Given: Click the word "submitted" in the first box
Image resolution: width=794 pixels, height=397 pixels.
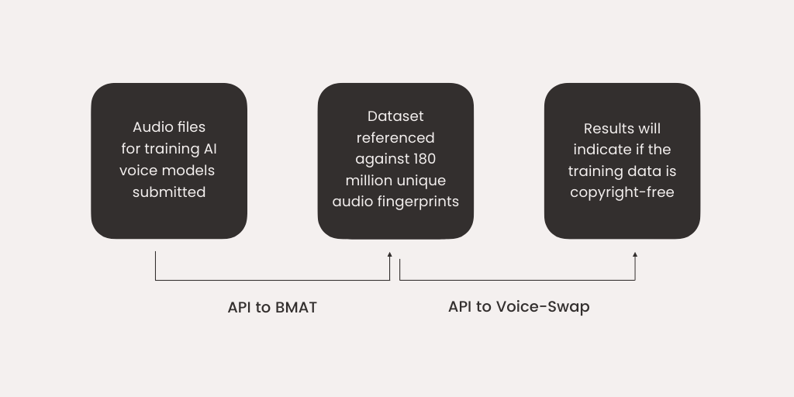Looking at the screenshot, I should click(169, 192).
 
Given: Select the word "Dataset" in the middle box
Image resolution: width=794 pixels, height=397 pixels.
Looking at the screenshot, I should click(395, 116).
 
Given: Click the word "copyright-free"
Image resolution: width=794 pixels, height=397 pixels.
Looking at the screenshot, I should click(622, 192).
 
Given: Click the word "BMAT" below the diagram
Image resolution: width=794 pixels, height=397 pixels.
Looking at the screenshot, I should click(295, 307).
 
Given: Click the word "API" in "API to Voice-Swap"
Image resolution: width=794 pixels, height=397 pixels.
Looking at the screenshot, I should click(461, 306).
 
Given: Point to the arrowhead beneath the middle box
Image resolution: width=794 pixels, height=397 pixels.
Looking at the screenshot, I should click(390, 254).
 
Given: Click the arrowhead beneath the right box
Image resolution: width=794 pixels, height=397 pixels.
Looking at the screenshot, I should click(635, 254).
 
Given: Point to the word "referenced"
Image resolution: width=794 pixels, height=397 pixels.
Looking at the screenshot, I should click(395, 138).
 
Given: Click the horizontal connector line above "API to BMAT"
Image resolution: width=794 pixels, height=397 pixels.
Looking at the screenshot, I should click(272, 280).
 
